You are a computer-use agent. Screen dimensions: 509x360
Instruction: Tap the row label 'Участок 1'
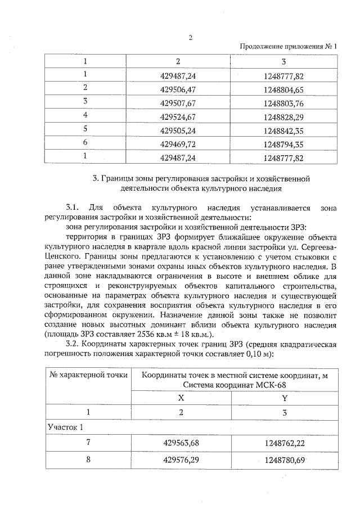(x=65, y=427)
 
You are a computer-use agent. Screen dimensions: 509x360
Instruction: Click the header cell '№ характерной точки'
(x=88, y=375)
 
